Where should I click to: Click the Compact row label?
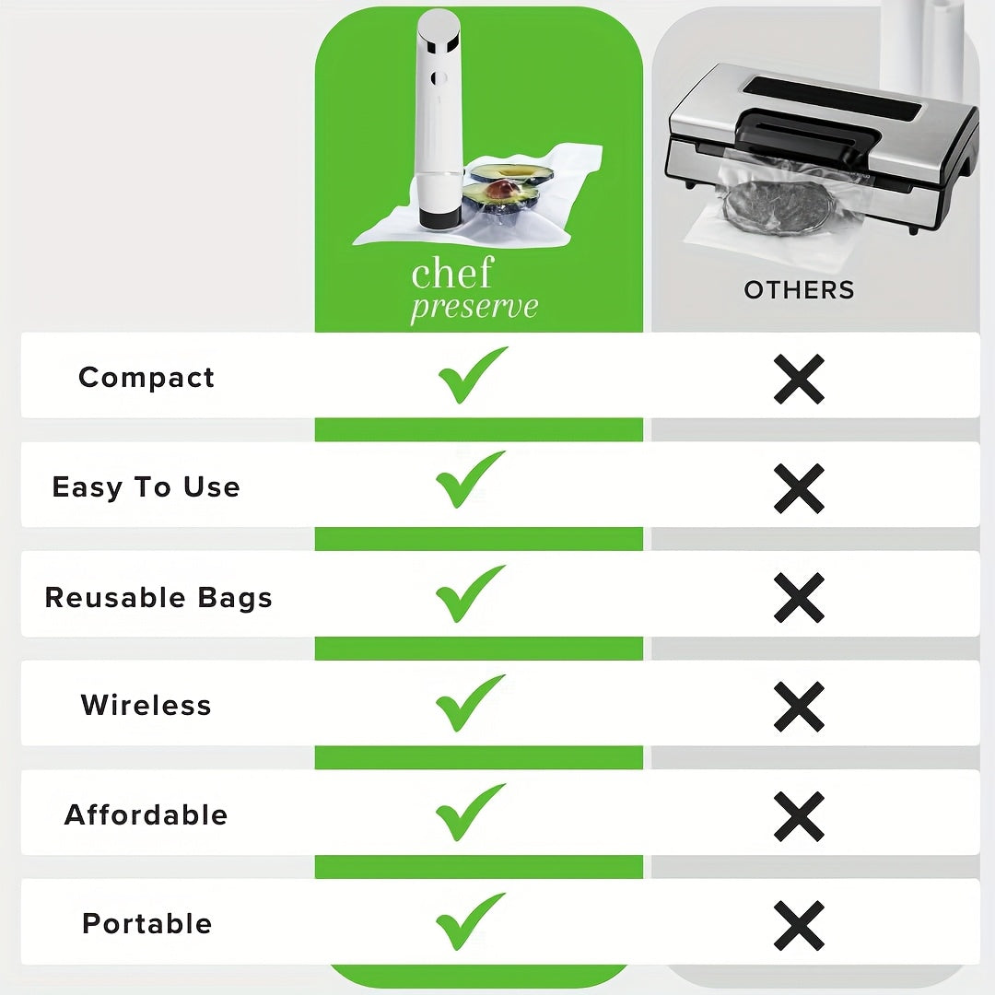click(146, 377)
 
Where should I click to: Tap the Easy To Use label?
click(146, 486)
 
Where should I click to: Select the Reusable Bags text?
click(158, 597)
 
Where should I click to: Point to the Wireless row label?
click(146, 705)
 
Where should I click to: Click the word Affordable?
click(146, 814)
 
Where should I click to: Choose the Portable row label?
click(147, 923)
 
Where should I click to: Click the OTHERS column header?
click(799, 290)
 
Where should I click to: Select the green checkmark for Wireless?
click(470, 702)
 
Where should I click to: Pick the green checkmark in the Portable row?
click(470, 920)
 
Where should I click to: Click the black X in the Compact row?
click(799, 378)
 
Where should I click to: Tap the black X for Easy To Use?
click(799, 487)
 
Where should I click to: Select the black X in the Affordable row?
click(799, 815)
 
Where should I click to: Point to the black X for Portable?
click(799, 924)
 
